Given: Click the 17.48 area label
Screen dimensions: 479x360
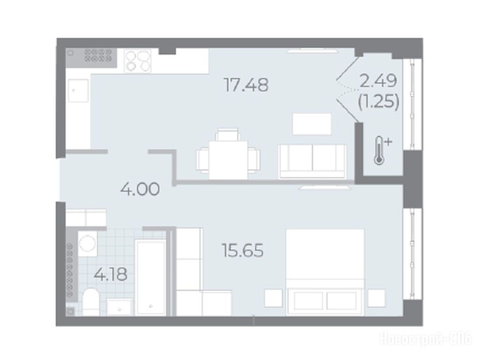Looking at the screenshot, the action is (x=246, y=85).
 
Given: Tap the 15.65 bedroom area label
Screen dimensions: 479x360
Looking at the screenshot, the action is (x=243, y=251).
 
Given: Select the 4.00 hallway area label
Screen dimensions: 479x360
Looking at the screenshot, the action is (x=140, y=189).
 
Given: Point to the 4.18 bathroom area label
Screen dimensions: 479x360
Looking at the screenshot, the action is (x=111, y=274).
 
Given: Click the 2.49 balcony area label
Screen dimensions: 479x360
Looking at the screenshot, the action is (x=378, y=81).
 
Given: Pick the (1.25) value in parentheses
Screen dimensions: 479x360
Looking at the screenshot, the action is (x=379, y=101).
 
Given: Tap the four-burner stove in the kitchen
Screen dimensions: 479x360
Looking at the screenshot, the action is (x=138, y=61).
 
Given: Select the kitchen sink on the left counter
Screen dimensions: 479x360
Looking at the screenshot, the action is (x=79, y=90).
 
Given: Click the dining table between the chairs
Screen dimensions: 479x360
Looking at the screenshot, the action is (x=228, y=160).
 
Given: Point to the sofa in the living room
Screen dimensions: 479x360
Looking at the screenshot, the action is (x=313, y=161).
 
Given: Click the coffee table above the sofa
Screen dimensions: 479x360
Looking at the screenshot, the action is (x=312, y=124).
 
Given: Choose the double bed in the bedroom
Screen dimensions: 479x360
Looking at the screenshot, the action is (x=325, y=272).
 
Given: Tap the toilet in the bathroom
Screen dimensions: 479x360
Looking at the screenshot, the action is (x=91, y=302).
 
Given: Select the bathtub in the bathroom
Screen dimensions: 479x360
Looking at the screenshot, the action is (x=150, y=277).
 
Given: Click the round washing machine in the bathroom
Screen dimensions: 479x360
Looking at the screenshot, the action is (x=88, y=244).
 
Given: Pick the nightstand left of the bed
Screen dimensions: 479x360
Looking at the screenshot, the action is (x=273, y=298).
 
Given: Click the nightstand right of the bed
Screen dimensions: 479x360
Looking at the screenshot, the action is (x=376, y=298).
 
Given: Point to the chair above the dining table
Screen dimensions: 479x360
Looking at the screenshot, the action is (x=227, y=135).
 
